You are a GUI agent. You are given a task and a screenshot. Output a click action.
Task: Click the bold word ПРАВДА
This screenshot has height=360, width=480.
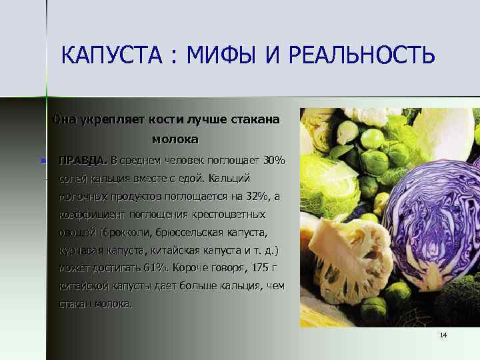pyautogui.click(x=83, y=161)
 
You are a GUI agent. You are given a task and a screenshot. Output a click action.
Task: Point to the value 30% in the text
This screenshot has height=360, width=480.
pyautogui.click(x=274, y=161)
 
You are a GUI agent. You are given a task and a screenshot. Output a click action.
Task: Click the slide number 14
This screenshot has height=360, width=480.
pyautogui.click(x=443, y=335)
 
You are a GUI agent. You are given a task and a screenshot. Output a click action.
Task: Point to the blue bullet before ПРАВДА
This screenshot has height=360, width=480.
pyautogui.click(x=43, y=161)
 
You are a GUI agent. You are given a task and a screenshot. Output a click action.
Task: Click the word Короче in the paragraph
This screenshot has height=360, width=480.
pyautogui.click(x=190, y=268)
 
